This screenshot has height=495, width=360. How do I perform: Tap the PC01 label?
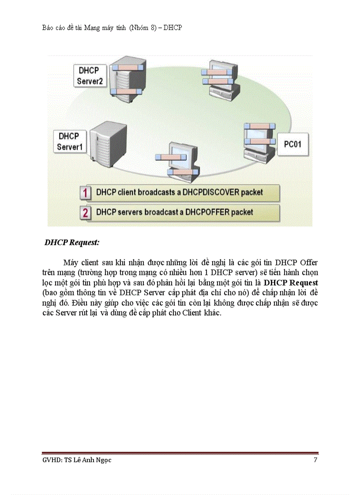(x=292, y=144)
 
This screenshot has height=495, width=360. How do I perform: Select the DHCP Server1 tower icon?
(x=107, y=144)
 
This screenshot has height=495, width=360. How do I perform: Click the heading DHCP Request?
(x=72, y=242)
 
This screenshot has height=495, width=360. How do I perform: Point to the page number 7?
(x=315, y=460)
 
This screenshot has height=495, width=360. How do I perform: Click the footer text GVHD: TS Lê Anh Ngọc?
(x=74, y=460)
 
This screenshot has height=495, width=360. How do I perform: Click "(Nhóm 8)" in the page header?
(x=142, y=28)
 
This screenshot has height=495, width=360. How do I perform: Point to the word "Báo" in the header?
(x=49, y=28)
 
